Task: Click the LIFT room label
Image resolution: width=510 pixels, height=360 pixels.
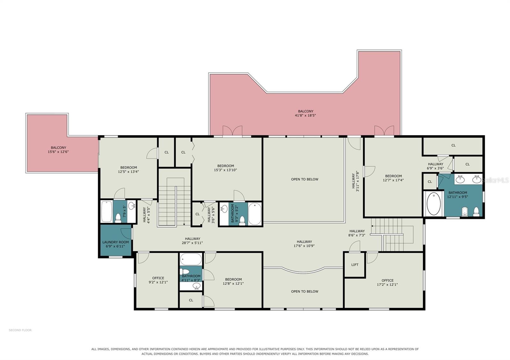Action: pos(355,265)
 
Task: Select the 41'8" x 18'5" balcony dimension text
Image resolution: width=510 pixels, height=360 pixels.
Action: pos(305,115)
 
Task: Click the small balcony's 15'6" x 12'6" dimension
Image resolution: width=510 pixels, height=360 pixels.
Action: pos(58,152)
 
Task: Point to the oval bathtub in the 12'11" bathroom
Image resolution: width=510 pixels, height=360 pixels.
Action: pos(433,204)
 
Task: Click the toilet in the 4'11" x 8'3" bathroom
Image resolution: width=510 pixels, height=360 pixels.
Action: pos(185,271)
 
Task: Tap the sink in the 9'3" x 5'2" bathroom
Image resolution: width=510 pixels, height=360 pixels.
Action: pos(224,209)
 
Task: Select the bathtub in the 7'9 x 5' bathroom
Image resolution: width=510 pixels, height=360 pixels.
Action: pos(106,212)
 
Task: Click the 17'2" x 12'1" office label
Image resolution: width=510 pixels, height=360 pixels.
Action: pos(388,282)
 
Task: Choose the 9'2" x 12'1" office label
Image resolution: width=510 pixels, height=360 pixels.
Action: pos(158,280)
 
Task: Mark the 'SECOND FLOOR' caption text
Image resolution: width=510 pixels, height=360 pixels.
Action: pos(20,330)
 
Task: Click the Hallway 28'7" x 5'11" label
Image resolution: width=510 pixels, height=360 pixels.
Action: pos(193,241)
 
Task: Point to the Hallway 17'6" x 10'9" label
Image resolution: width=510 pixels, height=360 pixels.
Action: pos(304,243)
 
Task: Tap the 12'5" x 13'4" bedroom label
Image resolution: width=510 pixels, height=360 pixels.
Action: pos(128,169)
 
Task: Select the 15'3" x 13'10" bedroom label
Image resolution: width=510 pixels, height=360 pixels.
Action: pos(225,168)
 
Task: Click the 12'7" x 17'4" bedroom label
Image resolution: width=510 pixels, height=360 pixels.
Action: pos(393,178)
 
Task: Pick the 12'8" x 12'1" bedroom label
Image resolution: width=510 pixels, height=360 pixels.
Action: pos(233,281)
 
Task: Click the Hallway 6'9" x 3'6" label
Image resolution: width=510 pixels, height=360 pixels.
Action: pos(435,166)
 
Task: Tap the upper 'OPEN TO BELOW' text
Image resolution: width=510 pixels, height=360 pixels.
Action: pos(305,179)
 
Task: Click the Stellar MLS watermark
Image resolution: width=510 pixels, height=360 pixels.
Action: pos(495,180)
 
